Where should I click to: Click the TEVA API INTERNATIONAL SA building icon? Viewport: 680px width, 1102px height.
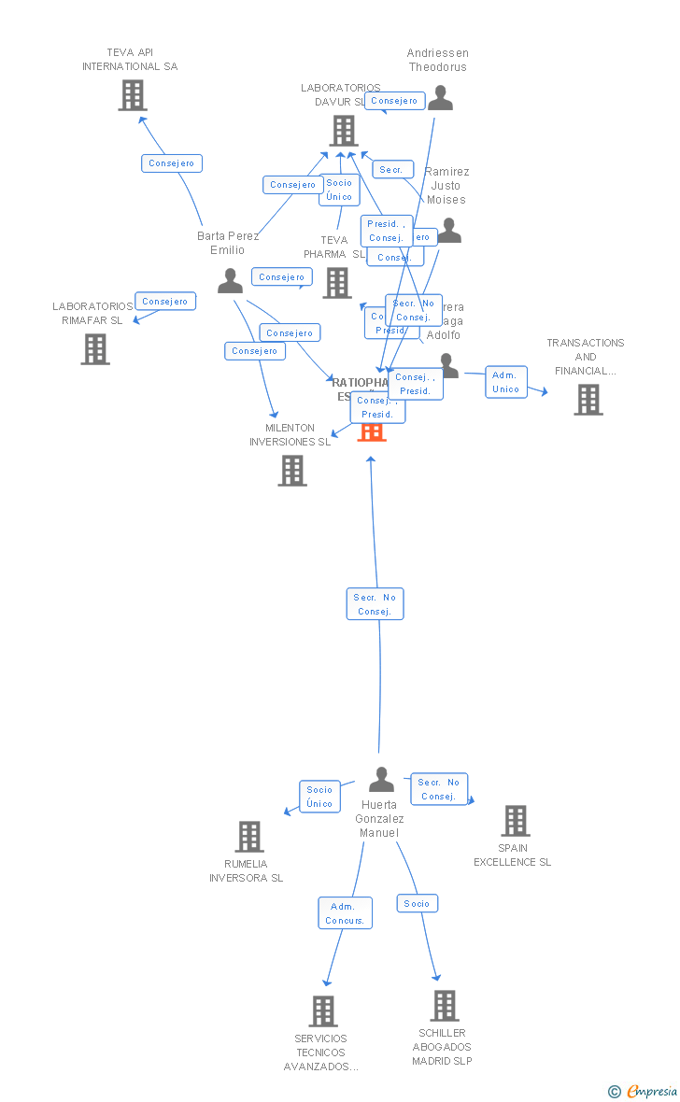(133, 95)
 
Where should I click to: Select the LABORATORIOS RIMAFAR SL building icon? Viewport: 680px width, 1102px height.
(95, 349)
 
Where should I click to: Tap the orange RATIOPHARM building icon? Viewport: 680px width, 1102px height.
(372, 431)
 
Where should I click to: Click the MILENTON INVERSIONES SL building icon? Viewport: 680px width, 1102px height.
(292, 471)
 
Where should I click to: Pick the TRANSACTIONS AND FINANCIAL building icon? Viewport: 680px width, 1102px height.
(588, 400)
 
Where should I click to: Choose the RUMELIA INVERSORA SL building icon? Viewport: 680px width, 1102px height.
(249, 837)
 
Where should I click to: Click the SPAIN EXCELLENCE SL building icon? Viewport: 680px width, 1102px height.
(515, 821)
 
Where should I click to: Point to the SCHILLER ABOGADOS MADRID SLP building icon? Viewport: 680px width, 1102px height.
(445, 1006)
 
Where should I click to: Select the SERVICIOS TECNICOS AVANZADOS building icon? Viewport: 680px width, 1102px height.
(323, 1011)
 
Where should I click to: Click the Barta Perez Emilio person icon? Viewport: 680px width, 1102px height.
(230, 280)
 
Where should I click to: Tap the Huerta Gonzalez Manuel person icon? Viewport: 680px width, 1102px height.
(381, 779)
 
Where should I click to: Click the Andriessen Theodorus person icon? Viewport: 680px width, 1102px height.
(440, 97)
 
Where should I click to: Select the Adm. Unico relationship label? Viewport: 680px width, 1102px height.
(506, 382)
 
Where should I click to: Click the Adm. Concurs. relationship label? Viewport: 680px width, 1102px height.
(345, 913)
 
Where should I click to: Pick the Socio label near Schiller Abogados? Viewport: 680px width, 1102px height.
(418, 903)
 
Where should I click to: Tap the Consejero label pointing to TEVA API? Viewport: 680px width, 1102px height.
(172, 163)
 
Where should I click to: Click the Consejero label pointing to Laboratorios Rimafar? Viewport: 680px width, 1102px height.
(165, 301)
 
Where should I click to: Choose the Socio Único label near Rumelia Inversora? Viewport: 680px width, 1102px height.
(319, 797)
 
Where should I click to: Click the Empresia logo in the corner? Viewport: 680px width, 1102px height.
(644, 1091)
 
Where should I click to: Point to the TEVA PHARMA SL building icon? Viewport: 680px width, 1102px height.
(337, 283)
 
